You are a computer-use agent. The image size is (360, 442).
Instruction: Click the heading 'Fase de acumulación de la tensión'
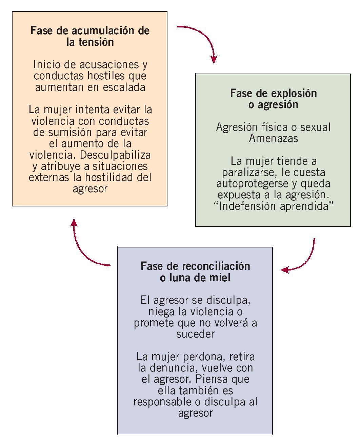pyautogui.click(x=90, y=36)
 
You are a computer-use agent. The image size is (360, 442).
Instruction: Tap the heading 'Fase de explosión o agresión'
pyautogui.click(x=273, y=99)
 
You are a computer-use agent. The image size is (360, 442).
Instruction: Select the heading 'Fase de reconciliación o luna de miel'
pyautogui.click(x=195, y=272)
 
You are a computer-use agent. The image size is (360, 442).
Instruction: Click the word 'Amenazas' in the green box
pyautogui.click(x=274, y=138)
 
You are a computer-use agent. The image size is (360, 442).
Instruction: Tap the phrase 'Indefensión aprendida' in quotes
pyautogui.click(x=274, y=206)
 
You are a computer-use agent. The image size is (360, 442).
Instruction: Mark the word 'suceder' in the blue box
pyautogui.click(x=195, y=334)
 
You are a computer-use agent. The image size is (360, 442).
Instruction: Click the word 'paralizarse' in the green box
pyautogui.click(x=248, y=172)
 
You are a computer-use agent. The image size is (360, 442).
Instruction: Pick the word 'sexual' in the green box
pyautogui.click(x=315, y=127)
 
